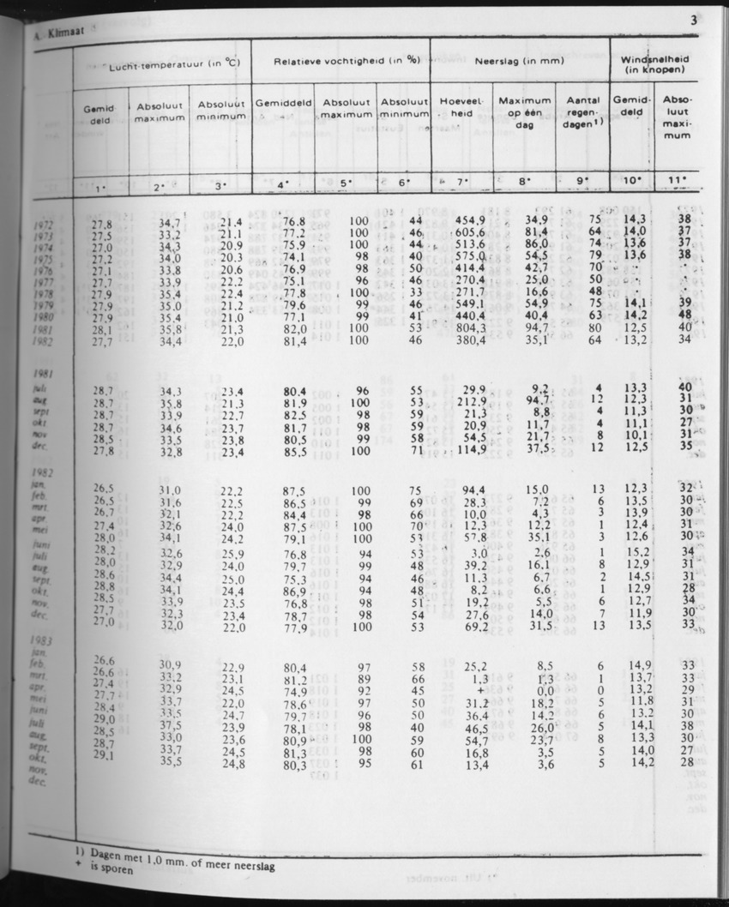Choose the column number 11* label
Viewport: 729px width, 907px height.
(678, 181)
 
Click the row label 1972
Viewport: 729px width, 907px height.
(41, 225)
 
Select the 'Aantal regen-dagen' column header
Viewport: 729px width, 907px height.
(583, 112)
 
